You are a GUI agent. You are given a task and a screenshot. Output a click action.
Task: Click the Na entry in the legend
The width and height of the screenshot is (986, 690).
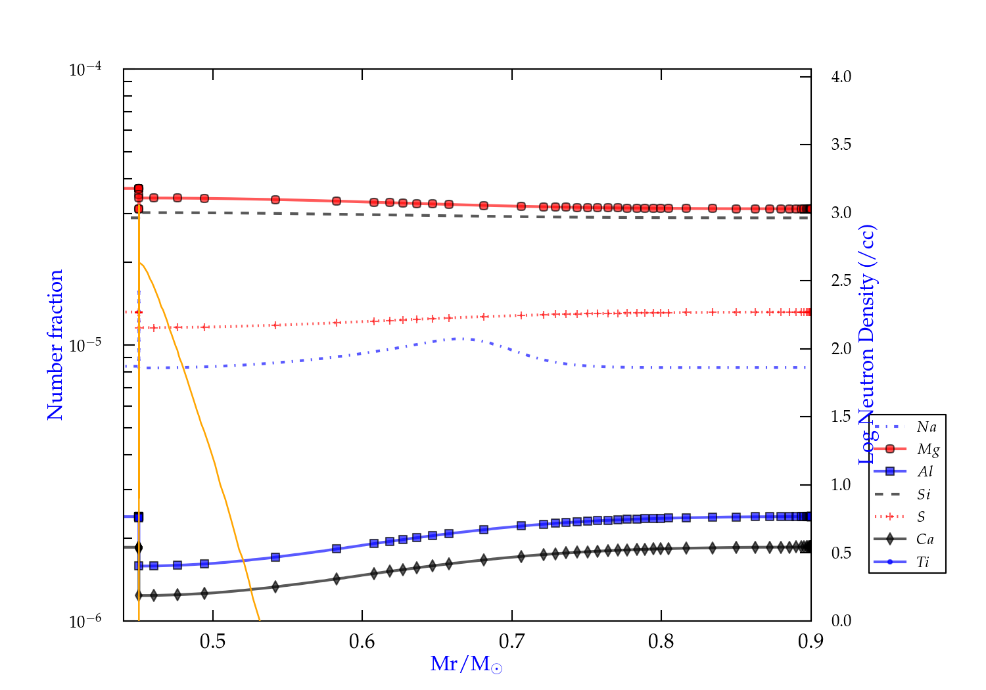click(x=926, y=427)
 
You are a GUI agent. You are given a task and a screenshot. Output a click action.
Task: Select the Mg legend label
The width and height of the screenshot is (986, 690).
click(x=927, y=449)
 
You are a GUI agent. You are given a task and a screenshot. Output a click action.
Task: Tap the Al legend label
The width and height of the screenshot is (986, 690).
click(x=926, y=472)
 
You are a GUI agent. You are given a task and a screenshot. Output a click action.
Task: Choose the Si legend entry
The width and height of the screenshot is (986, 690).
click(x=924, y=494)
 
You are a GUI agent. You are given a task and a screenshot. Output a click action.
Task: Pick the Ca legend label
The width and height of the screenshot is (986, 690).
click(x=925, y=540)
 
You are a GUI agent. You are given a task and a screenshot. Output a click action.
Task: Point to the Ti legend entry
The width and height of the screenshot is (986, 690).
click(x=923, y=562)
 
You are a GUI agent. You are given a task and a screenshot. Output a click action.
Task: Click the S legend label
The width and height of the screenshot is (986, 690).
click(x=921, y=517)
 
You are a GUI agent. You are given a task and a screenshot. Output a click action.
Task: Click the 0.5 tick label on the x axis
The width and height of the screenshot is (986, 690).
click(x=212, y=642)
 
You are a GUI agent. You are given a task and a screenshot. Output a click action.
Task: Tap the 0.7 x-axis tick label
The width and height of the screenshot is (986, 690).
click(x=511, y=642)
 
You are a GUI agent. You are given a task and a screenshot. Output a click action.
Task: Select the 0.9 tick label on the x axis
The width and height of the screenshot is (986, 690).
click(x=810, y=642)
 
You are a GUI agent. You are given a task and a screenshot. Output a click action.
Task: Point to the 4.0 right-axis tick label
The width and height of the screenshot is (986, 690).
click(x=841, y=77)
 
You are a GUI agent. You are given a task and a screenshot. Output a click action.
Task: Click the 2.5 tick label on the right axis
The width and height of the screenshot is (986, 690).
click(x=841, y=281)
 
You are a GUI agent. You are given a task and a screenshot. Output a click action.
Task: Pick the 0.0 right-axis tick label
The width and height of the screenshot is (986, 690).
click(x=841, y=621)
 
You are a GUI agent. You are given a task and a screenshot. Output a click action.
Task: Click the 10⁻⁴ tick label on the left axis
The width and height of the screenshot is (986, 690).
click(x=85, y=69)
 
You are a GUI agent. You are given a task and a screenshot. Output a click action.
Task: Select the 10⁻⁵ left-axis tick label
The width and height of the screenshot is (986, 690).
click(x=85, y=344)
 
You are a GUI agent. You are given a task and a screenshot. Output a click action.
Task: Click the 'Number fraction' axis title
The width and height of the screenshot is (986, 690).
click(x=55, y=345)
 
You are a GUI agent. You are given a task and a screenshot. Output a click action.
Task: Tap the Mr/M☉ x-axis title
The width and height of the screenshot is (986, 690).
click(x=466, y=664)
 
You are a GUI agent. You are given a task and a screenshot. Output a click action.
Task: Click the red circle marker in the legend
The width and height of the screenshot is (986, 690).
click(x=890, y=449)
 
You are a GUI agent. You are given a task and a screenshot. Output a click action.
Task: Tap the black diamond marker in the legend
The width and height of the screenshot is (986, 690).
click(x=890, y=540)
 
